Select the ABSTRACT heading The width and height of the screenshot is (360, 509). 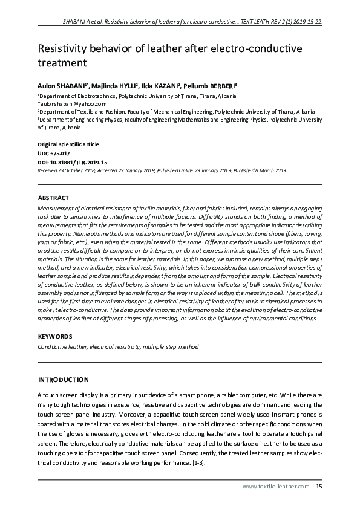(x=53, y=198)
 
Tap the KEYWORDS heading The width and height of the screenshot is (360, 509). (x=55, y=336)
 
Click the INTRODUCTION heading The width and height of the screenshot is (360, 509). (x=63, y=380)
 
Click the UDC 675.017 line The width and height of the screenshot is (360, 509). (x=53, y=154)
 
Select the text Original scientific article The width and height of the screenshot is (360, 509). (x=68, y=145)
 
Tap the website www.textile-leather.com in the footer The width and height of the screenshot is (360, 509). (x=276, y=486)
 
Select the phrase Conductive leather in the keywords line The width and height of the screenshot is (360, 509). (x=61, y=347)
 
